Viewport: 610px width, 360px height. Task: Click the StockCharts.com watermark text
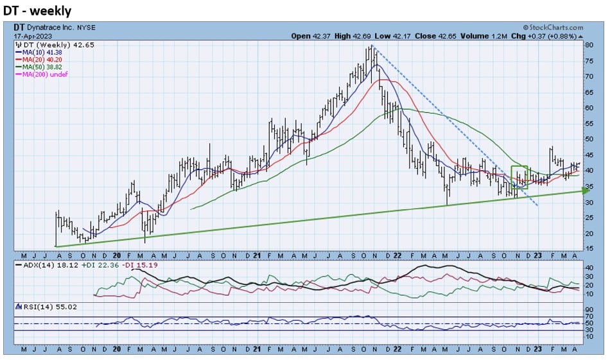point(554,28)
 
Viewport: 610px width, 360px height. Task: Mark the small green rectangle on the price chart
point(519,176)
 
